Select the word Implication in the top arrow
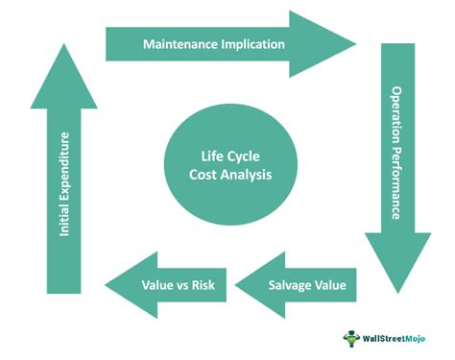[x=251, y=44]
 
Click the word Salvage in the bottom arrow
[x=287, y=285]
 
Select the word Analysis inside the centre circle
[x=246, y=175]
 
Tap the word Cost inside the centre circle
[x=204, y=175]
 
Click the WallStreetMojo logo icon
[x=349, y=338]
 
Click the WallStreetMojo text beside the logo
[x=396, y=338]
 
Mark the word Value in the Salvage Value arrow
[x=327, y=285]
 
